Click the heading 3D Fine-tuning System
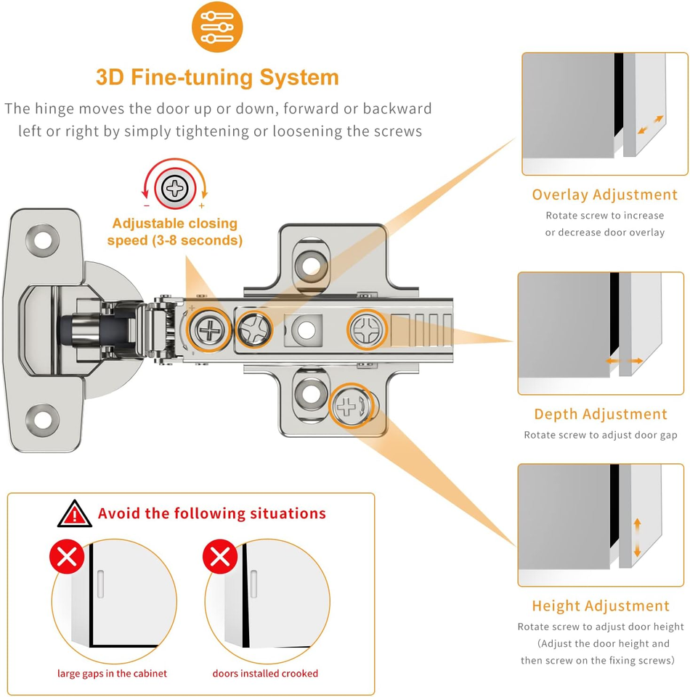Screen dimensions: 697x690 click(217, 77)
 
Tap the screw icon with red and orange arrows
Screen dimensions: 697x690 click(175, 189)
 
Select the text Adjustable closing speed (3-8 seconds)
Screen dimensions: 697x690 click(174, 232)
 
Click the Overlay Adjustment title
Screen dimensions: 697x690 click(604, 195)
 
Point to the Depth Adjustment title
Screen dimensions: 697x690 click(601, 414)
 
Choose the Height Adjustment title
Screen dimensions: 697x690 click(601, 606)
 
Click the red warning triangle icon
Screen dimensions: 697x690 click(75, 513)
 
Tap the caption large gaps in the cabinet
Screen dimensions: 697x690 click(112, 673)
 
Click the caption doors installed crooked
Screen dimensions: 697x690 click(265, 673)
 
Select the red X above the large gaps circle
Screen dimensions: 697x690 click(67, 558)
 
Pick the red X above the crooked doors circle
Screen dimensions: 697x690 click(220, 558)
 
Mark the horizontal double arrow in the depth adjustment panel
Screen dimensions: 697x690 click(625, 361)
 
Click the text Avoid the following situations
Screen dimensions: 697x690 click(212, 513)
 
